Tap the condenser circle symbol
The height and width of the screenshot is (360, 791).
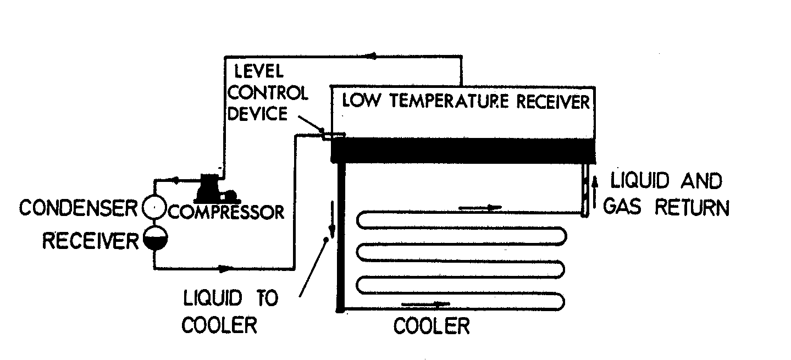[154, 208]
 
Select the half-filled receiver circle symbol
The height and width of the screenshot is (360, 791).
[154, 237]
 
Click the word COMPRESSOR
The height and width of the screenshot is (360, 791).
[227, 212]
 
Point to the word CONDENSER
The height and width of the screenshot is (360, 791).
[78, 208]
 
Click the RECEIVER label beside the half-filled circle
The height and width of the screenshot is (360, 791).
[90, 240]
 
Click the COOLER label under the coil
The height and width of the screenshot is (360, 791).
[432, 326]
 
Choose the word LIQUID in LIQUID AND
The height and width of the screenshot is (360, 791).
[638, 181]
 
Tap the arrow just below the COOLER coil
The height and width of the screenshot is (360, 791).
[427, 303]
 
